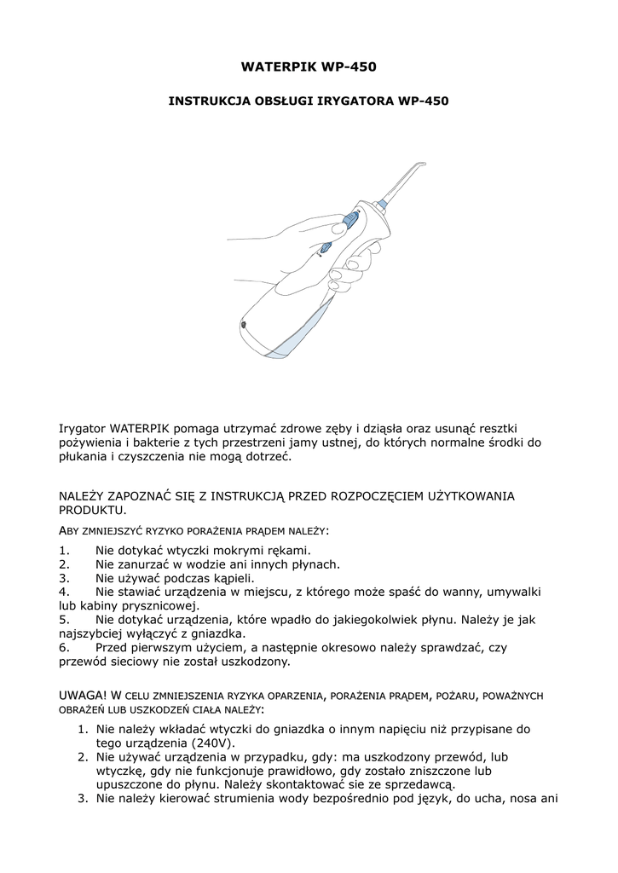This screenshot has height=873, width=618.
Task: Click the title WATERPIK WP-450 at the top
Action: click(x=309, y=66)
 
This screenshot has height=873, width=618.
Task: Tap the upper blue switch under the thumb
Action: click(x=349, y=222)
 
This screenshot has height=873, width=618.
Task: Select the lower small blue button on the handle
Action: click(x=325, y=249)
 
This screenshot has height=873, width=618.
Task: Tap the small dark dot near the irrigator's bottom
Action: click(x=244, y=326)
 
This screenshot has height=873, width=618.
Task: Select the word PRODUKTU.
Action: click(x=92, y=510)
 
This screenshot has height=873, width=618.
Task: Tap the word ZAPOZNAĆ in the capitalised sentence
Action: click(x=147, y=495)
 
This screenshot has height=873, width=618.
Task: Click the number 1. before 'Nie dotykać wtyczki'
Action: click(x=64, y=550)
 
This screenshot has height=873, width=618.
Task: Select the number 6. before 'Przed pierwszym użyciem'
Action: click(x=64, y=647)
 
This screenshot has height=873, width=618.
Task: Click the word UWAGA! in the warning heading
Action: click(x=83, y=695)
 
